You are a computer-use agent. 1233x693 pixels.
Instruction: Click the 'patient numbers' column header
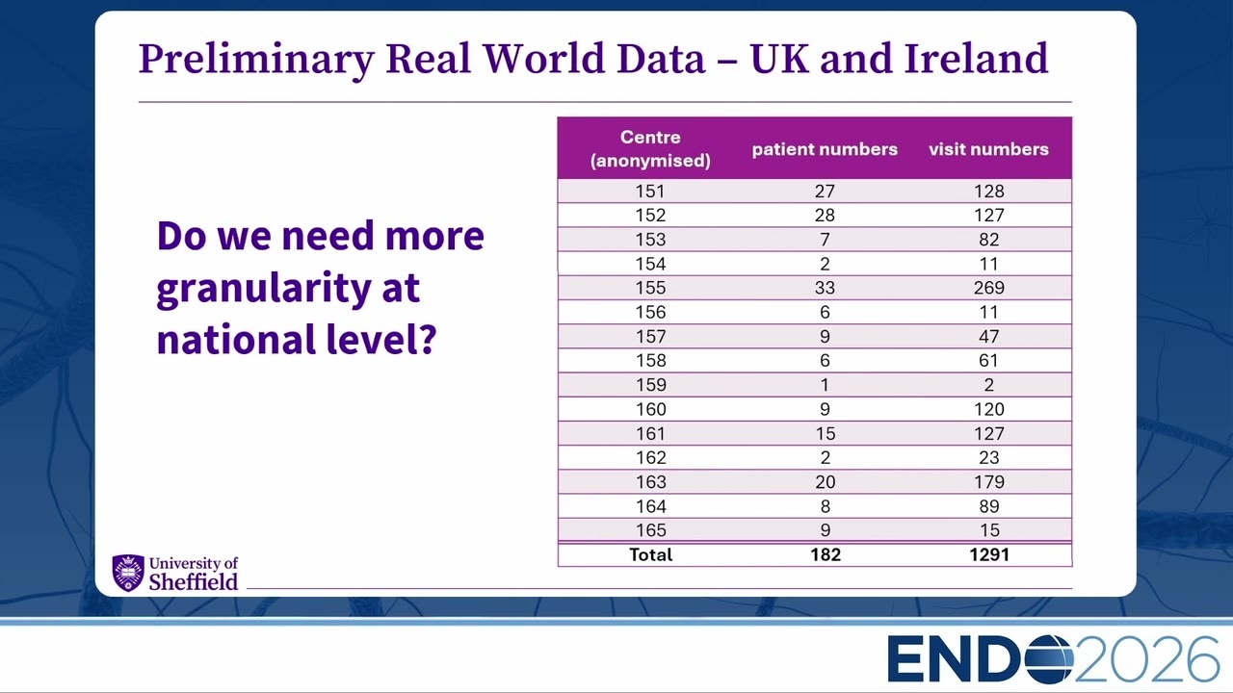(x=825, y=149)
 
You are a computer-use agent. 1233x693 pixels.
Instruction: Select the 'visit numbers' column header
(x=988, y=149)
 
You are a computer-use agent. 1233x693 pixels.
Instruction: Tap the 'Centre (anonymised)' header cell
(x=650, y=148)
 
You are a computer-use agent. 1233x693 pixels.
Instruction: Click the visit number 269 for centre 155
(x=988, y=288)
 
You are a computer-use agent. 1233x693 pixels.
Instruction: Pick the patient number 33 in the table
(x=825, y=288)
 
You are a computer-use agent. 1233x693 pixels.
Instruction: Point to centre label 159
(x=650, y=384)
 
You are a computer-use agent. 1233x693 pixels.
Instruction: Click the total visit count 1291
(x=989, y=554)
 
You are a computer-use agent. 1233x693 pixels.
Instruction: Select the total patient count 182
(x=826, y=554)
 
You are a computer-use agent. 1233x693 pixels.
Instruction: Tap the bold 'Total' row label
(x=650, y=554)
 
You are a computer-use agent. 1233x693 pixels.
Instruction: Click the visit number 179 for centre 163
(x=989, y=482)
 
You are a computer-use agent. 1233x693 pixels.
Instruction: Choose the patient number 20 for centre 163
(x=826, y=482)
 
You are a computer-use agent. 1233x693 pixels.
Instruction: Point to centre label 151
(x=650, y=191)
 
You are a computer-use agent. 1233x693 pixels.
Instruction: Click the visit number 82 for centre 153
(x=988, y=240)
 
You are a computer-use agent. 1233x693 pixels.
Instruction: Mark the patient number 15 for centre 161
(x=826, y=433)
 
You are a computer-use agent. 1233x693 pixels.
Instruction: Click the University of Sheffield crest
(x=128, y=573)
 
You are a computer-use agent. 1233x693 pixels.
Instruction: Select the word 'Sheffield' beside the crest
(x=194, y=582)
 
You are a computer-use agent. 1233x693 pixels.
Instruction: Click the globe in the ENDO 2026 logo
(x=1050, y=659)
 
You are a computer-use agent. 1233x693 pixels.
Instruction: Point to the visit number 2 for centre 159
(x=988, y=384)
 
